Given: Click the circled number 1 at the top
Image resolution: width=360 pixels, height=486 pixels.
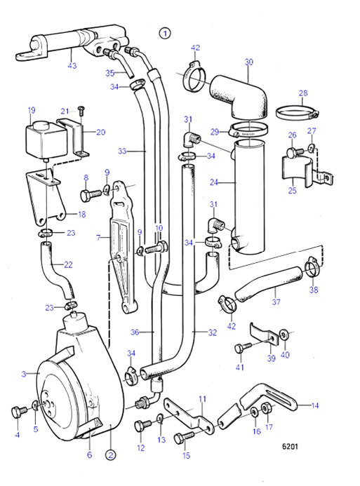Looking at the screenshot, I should pos(165,32).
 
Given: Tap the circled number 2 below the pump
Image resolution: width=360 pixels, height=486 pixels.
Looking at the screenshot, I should pos(110,454).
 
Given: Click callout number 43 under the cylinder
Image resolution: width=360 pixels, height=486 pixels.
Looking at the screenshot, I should pos(72,67).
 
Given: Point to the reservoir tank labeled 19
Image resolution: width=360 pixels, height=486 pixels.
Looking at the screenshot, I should pos(40,139).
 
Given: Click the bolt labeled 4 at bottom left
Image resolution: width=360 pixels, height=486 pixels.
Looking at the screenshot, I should pos(18,410).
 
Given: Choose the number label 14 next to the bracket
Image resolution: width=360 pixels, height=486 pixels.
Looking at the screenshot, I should pos(314,405).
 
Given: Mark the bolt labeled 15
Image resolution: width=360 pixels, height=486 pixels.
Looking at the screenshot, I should pos(178,438).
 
